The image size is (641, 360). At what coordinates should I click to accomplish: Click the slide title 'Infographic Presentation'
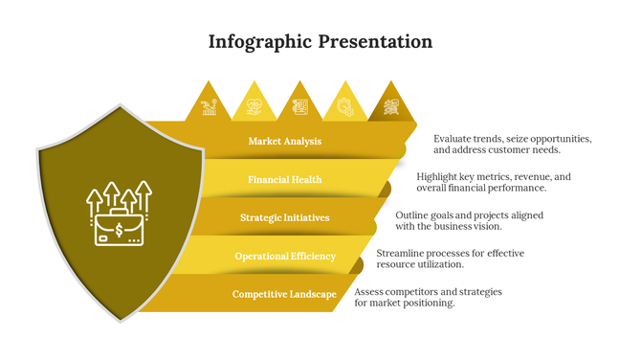pyautogui.click(x=320, y=42)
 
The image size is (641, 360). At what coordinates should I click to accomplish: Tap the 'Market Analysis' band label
pyautogui.click(x=285, y=142)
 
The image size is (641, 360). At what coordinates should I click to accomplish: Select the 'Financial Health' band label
pyautogui.click(x=285, y=180)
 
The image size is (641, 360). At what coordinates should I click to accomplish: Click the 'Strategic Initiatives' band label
pyautogui.click(x=285, y=218)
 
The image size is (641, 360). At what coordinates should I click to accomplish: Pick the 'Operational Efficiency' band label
pyautogui.click(x=285, y=257)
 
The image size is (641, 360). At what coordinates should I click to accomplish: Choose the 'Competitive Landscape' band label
pyautogui.click(x=284, y=295)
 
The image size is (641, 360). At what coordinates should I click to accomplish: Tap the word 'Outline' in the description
pyautogui.click(x=413, y=215)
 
